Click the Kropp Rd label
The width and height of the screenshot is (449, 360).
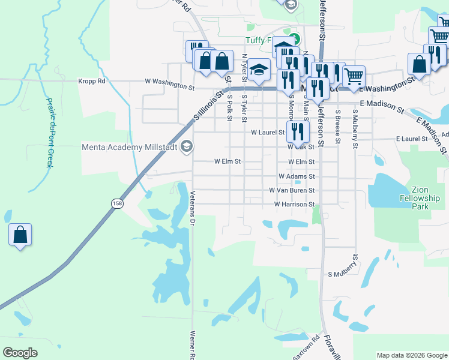[92, 81]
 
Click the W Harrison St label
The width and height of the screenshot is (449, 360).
[294, 205]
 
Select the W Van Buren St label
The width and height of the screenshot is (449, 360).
[292, 191]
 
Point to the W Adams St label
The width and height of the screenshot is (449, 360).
[297, 177]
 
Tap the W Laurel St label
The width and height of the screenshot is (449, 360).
[267, 132]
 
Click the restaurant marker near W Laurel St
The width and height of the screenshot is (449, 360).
[297, 131]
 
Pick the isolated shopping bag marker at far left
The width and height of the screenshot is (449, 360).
[20, 234]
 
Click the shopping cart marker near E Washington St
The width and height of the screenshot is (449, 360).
[354, 76]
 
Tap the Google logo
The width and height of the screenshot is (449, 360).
[20, 353]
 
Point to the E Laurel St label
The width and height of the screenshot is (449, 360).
[411, 139]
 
